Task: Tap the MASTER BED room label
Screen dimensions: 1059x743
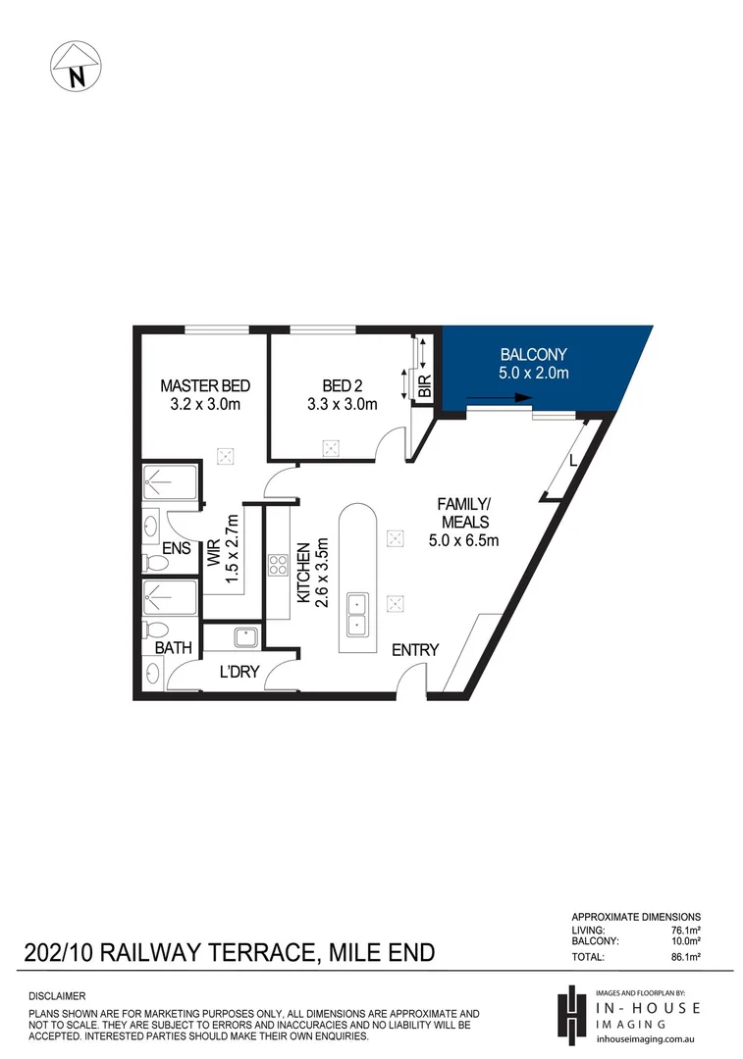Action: (206, 394)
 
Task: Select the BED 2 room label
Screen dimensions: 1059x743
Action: (342, 394)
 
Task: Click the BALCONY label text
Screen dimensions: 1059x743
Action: (534, 363)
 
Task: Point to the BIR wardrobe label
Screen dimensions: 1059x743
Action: (424, 387)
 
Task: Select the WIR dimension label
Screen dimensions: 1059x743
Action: (223, 548)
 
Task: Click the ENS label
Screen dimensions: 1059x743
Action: (176, 549)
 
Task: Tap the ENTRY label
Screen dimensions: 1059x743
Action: (415, 650)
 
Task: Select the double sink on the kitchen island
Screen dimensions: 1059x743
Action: (355, 612)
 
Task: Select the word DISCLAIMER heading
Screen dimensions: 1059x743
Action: (58, 995)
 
